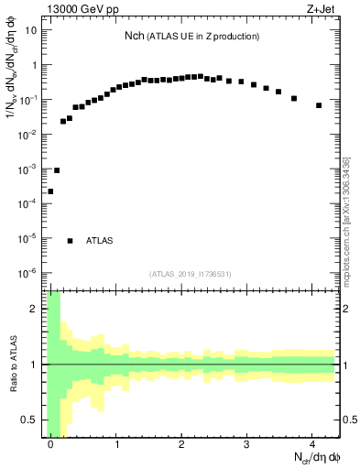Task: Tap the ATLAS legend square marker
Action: tap(70, 240)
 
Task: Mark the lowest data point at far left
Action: tap(50, 191)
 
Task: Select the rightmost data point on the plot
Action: tap(319, 105)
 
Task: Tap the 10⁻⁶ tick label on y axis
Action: tap(27, 273)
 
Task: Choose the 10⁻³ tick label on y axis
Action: tap(27, 169)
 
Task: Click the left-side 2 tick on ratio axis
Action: tap(37, 309)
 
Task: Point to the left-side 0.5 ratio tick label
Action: tap(32, 420)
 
